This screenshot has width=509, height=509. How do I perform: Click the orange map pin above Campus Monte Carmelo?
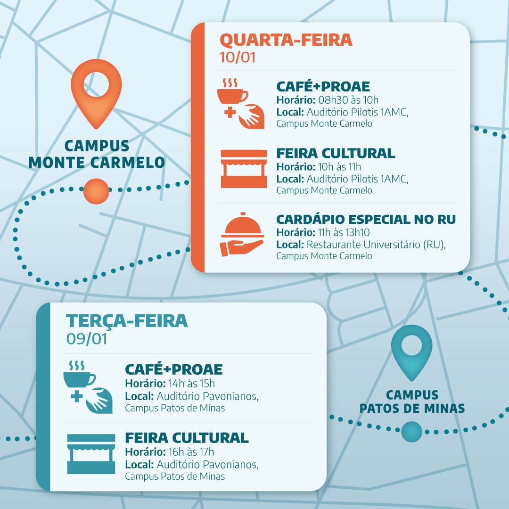[96, 94]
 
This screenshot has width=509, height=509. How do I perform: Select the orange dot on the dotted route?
[96, 191]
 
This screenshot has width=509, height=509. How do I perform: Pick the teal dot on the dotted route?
[411, 432]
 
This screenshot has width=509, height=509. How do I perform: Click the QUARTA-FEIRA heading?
[286, 40]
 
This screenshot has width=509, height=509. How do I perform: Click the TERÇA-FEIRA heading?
[127, 320]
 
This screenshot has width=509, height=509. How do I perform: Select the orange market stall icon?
[244, 169]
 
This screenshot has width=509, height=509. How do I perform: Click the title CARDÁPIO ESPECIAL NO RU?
[366, 220]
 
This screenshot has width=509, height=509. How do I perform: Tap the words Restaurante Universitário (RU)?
[376, 245]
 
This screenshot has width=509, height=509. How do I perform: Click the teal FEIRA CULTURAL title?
[187, 437]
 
